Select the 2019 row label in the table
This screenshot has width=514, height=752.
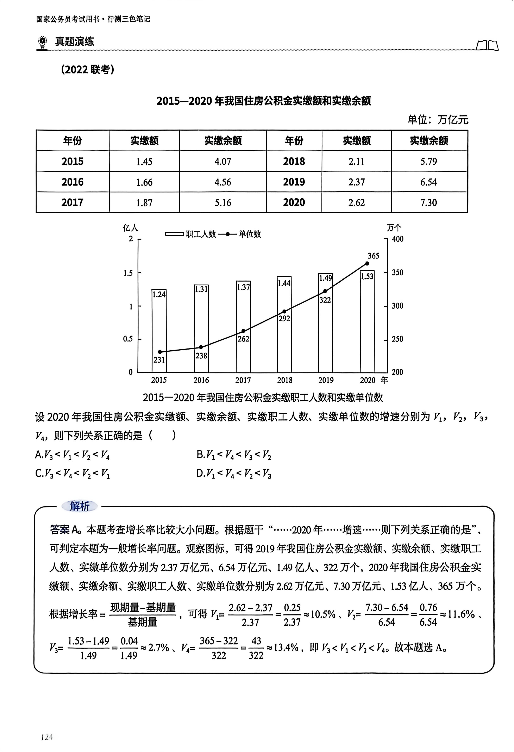click(x=294, y=182)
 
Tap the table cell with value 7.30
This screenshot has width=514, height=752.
click(x=429, y=202)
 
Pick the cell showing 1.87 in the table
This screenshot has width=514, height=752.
click(x=144, y=202)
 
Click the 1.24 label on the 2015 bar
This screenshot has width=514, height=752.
click(x=159, y=294)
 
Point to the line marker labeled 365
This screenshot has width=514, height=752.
click(x=367, y=263)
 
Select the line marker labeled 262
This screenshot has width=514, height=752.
click(x=243, y=331)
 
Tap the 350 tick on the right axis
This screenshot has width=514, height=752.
click(x=397, y=272)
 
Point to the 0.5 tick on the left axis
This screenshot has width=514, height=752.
click(x=128, y=339)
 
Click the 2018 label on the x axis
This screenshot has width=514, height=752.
click(x=284, y=380)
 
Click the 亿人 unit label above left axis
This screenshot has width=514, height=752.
click(x=130, y=228)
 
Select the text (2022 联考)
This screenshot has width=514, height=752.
click(x=88, y=69)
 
